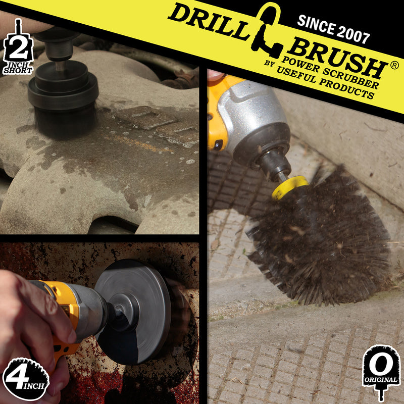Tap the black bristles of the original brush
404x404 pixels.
coord(323,237)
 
